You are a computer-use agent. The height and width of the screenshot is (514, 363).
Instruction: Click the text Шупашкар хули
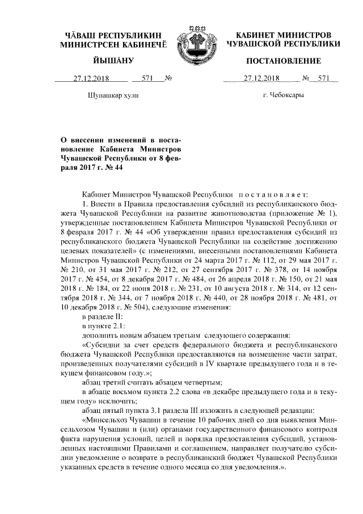112,96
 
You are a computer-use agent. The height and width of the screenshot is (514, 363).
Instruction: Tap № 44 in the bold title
113,168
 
